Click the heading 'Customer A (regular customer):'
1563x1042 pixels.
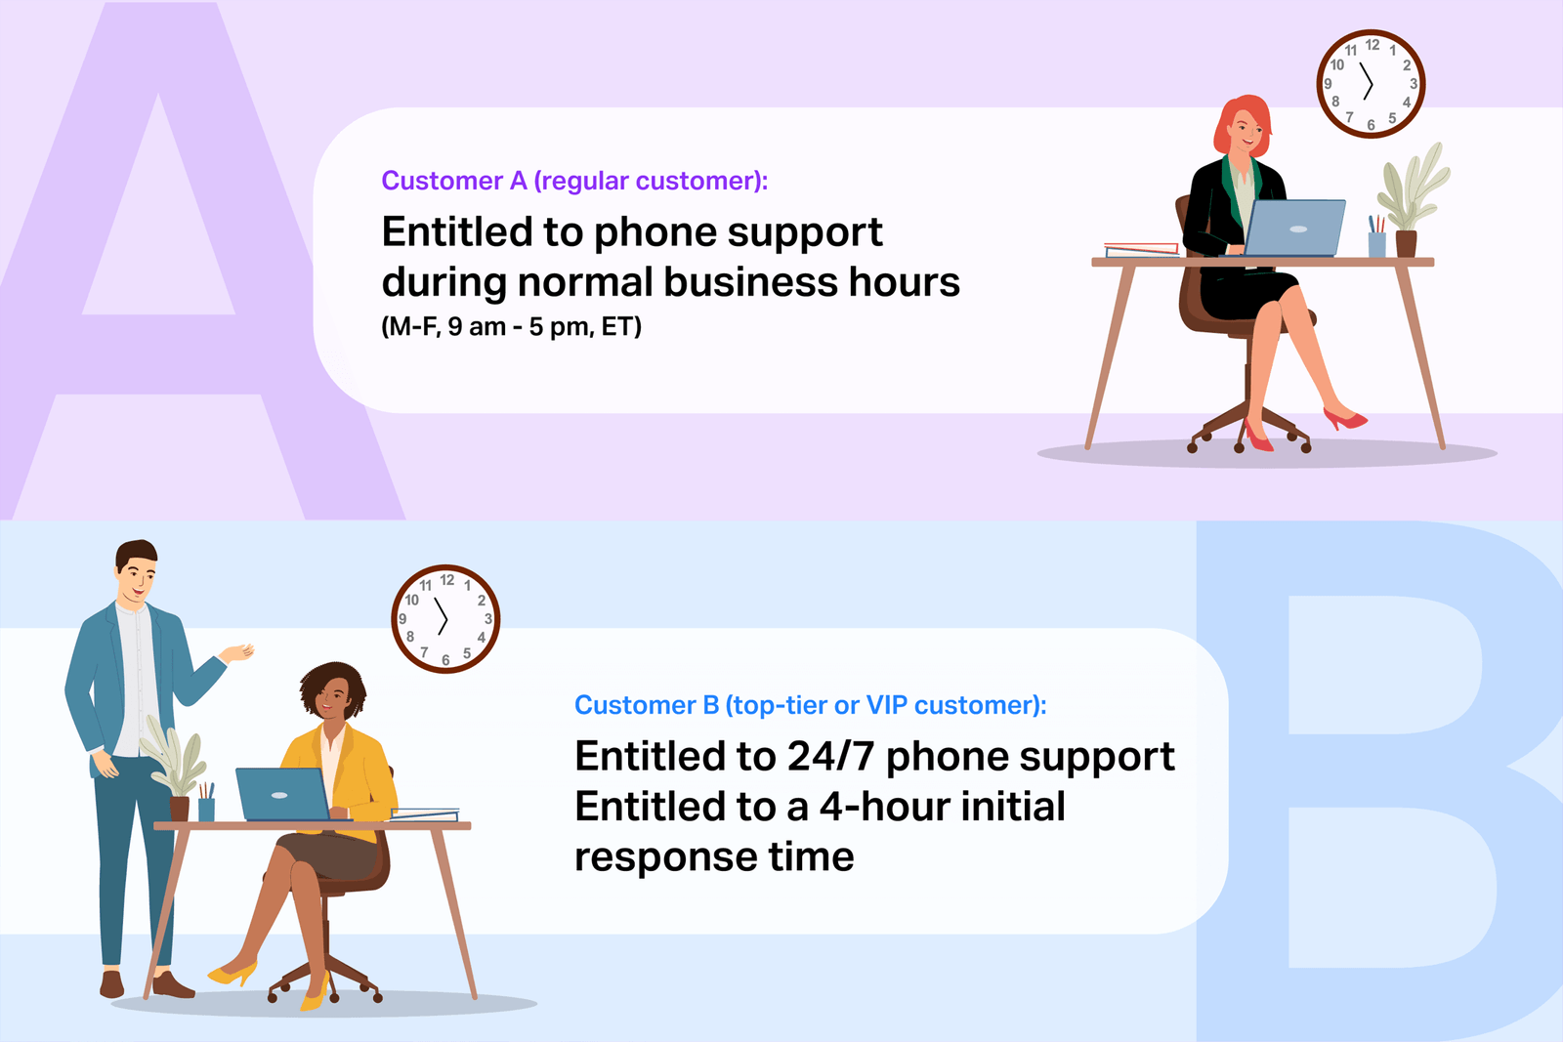pos(574,181)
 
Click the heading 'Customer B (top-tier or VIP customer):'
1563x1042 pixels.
pos(810,705)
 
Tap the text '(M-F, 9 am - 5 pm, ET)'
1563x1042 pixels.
pos(511,326)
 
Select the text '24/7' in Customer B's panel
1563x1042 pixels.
pos(829,757)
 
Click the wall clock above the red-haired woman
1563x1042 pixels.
pos(1371,84)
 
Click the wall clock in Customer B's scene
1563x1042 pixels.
pos(445,619)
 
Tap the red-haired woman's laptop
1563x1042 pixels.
pos(1294,228)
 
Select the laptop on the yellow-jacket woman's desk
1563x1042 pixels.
pos(282,794)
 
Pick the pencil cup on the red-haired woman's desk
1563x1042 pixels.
pos(1377,239)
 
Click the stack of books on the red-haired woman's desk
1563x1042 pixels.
pos(1141,249)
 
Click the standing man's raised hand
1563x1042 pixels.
pos(238,652)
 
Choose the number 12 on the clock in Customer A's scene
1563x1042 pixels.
pos(1373,45)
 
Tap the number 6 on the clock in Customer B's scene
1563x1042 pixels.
pos(445,660)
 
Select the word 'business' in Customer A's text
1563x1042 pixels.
pos(750,282)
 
